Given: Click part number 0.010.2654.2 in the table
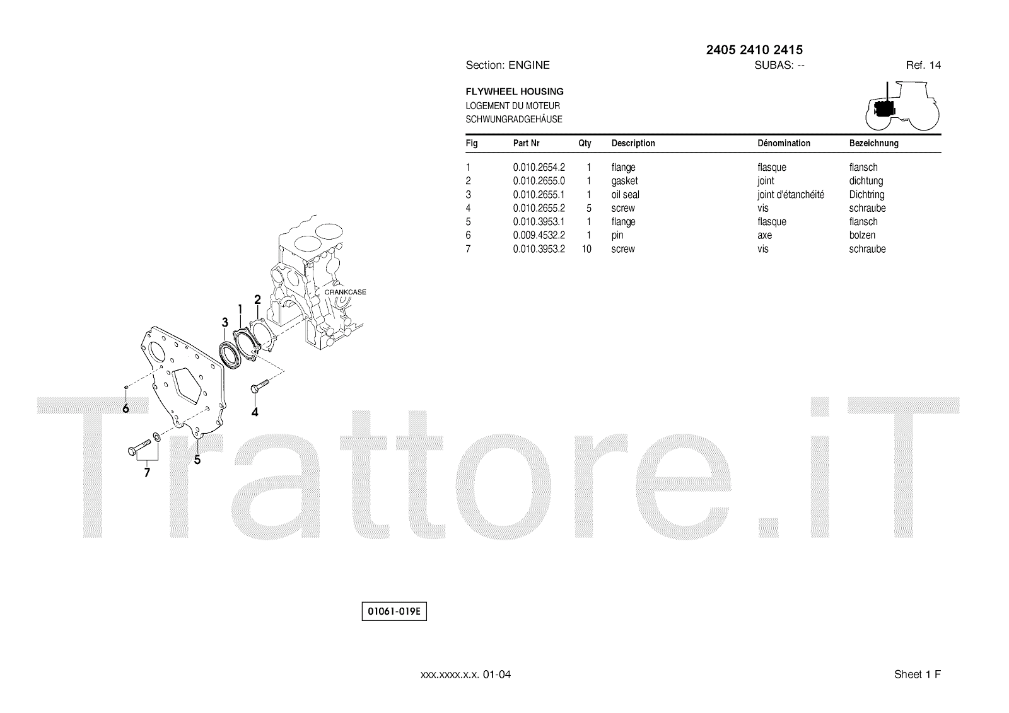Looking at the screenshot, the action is click(539, 167).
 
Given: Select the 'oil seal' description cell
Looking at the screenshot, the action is click(625, 195).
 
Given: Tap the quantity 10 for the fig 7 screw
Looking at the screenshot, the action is click(586, 249).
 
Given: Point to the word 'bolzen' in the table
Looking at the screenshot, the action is click(862, 235).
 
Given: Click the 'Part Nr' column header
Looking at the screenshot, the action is click(526, 143).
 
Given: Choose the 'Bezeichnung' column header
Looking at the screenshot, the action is click(873, 143).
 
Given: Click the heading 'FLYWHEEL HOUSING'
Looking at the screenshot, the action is click(514, 91).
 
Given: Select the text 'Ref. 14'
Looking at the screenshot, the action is click(923, 65).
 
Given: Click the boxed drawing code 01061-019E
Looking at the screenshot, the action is click(394, 612).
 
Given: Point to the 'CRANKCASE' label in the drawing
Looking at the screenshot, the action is click(345, 292).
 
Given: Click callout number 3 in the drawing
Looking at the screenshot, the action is click(225, 323).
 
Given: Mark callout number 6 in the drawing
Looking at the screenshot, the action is click(126, 409).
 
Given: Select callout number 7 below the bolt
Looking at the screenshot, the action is click(147, 472).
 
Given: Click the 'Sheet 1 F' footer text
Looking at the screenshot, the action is click(917, 675).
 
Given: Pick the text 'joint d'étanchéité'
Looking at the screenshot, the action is click(790, 195).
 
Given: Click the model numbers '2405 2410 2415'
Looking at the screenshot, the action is click(754, 50).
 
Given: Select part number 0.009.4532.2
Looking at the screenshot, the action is click(539, 235).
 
